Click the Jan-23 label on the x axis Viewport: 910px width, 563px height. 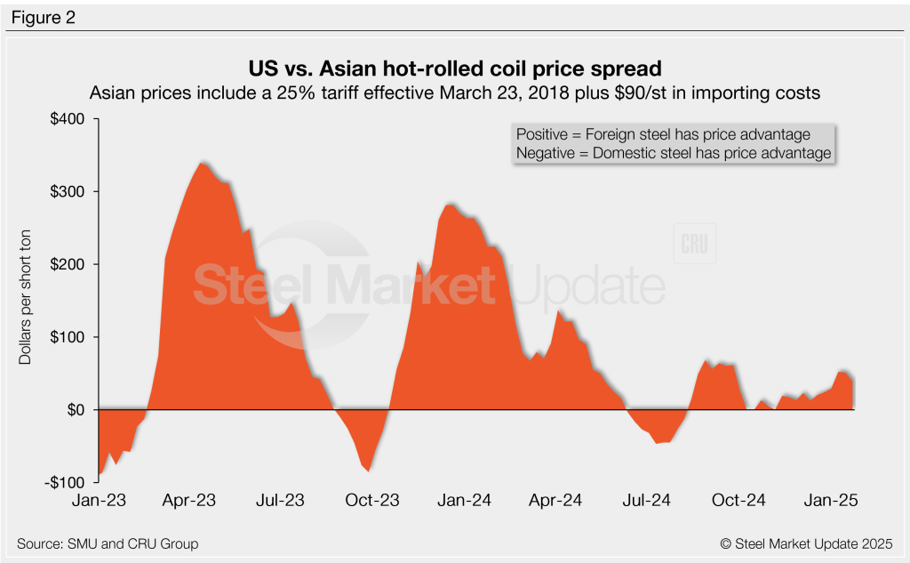pos(98,501)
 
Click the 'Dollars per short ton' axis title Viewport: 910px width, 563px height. pos(27,301)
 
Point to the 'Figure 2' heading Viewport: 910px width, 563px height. pos(43,17)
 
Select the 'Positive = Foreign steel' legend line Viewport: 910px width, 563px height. pos(663,134)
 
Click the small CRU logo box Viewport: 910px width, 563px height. pos(696,244)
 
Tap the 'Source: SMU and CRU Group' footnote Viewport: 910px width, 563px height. pos(108,543)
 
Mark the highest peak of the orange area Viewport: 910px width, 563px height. pos(203,163)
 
